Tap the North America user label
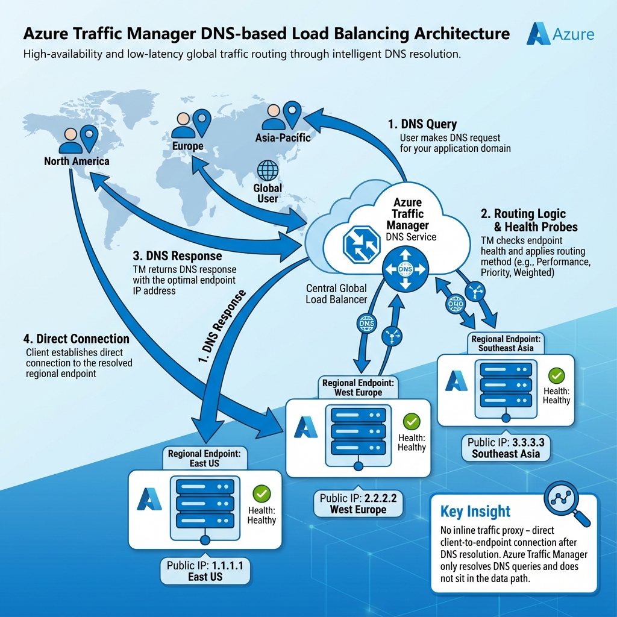tap(77, 161)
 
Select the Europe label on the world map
tap(187, 146)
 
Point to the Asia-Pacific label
tap(283, 137)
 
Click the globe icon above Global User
tap(268, 171)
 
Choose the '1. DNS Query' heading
tap(422, 124)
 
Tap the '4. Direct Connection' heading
tap(78, 339)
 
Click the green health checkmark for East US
tap(262, 493)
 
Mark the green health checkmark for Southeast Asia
tap(557, 376)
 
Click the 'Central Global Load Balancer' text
tap(336, 293)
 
